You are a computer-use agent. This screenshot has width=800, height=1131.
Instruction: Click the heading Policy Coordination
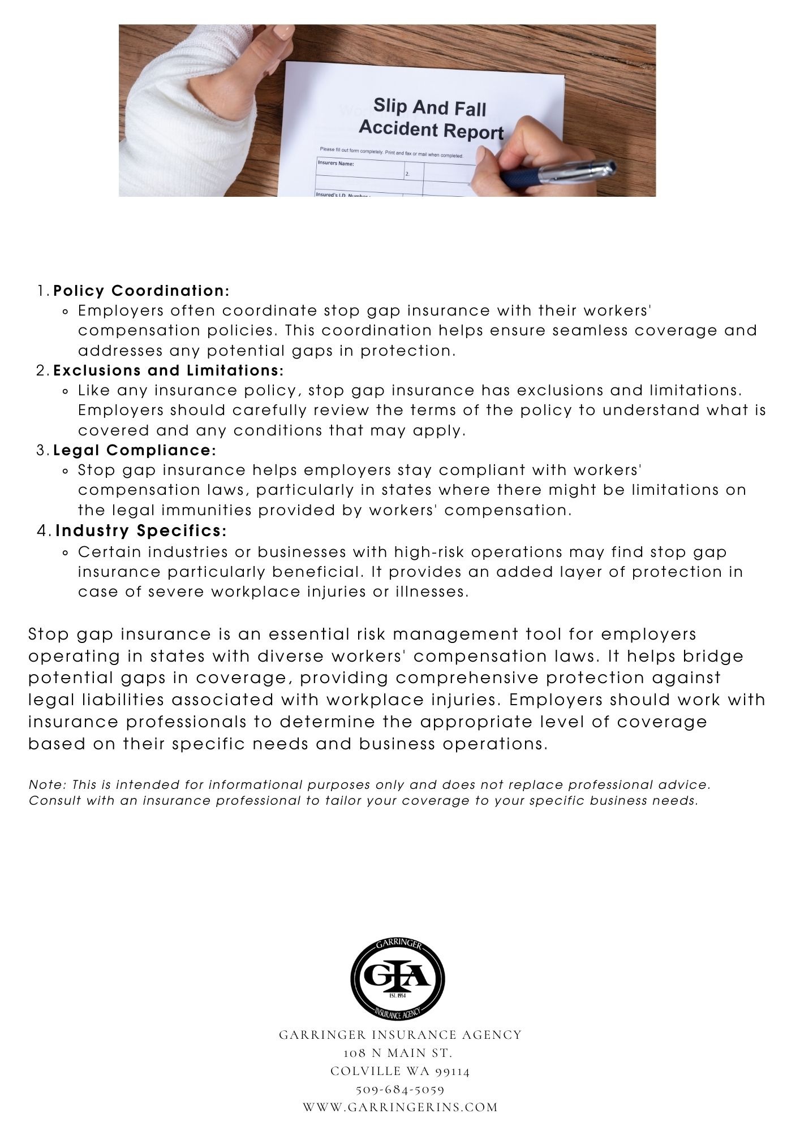tap(141, 291)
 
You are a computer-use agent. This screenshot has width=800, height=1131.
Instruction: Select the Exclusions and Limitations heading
tap(168, 371)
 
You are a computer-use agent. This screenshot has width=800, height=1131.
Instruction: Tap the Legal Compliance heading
tap(135, 451)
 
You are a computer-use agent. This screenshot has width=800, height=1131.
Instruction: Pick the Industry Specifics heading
tap(141, 531)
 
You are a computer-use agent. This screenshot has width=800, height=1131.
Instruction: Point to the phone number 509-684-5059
tap(400, 1089)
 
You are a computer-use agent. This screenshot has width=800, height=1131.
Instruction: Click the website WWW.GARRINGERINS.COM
tap(400, 1107)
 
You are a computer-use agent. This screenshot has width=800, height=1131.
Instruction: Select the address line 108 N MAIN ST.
tap(398, 1053)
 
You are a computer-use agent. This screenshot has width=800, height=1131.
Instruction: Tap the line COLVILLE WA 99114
tap(400, 1071)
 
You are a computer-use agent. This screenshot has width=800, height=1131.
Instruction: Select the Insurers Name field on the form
tap(336, 165)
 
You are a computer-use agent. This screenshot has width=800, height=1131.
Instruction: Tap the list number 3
tap(41, 451)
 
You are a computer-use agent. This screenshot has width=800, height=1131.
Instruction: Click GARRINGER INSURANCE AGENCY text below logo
tap(400, 1035)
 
